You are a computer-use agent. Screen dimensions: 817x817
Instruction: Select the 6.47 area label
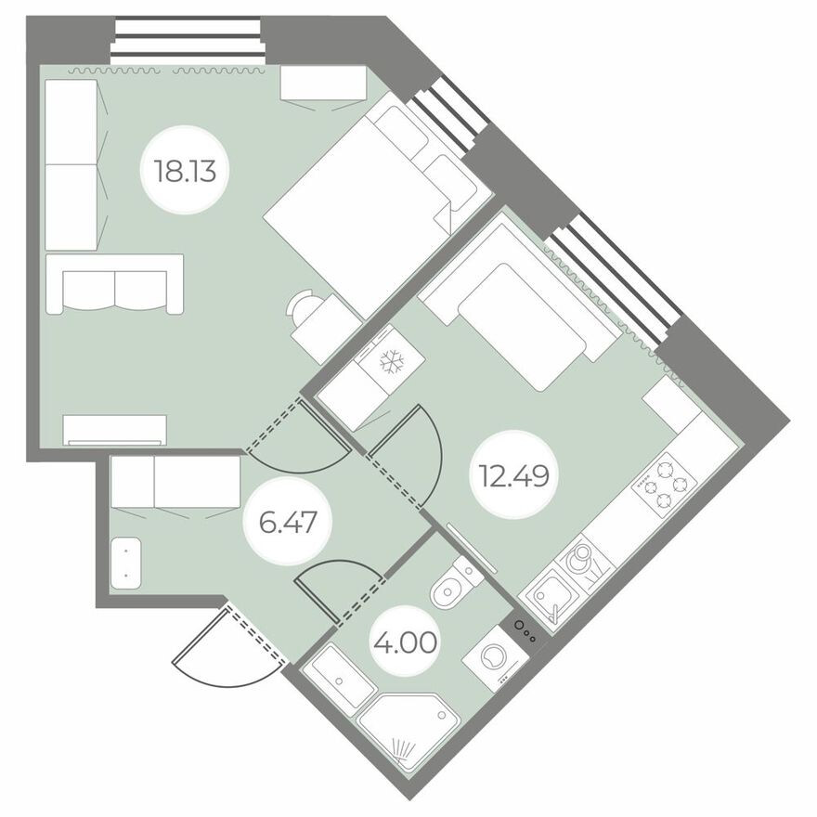[282, 522]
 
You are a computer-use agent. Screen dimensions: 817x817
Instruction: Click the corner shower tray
[408, 729]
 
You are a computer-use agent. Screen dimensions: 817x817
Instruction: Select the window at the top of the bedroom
[188, 42]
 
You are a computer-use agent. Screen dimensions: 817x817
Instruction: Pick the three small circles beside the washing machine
[525, 631]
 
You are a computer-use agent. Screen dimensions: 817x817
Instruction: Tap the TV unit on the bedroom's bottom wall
[115, 429]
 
